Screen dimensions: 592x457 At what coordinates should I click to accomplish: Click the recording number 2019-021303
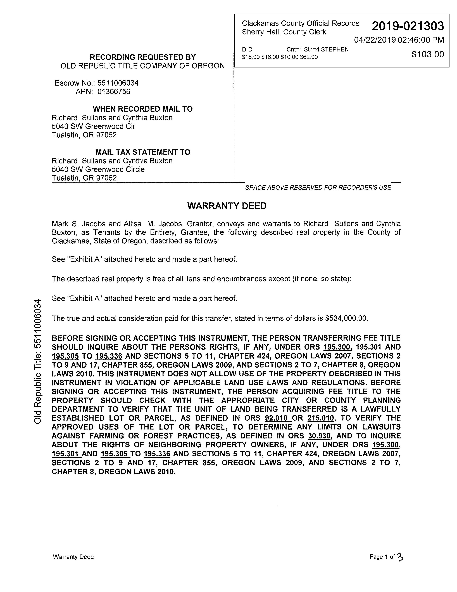[408, 26]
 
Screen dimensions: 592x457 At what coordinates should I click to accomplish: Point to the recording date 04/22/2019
[375, 40]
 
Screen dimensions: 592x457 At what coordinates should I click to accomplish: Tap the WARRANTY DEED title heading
[227, 206]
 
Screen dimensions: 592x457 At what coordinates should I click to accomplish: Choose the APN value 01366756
[114, 92]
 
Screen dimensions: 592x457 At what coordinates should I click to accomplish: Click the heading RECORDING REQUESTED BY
[143, 57]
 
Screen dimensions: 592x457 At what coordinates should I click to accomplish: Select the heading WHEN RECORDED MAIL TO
[143, 109]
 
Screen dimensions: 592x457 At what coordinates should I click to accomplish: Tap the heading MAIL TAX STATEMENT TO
[143, 152]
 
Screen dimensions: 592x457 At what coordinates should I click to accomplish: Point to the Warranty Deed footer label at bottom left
[73, 557]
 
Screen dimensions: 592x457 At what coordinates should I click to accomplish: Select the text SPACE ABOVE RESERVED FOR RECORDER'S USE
[318, 188]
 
